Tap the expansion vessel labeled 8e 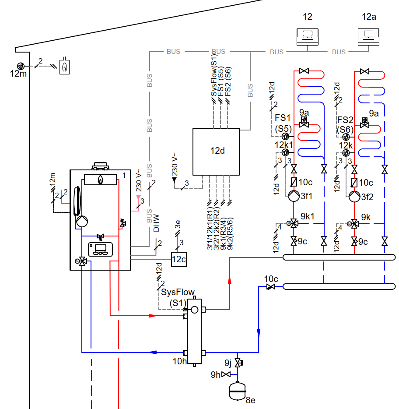pos(237,391)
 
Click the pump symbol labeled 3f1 pos(294,196)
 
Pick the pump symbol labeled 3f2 pos(354,197)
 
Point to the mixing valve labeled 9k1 pos(294,223)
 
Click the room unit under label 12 pos(308,37)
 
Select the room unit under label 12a pos(368,37)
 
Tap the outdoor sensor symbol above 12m pos(21,66)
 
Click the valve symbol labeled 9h pos(226,374)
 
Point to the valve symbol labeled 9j pos(238,363)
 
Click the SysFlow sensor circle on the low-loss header pos(194,310)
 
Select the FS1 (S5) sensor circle pos(285,136)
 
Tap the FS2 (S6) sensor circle pos(346,137)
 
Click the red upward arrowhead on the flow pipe pos(230,280)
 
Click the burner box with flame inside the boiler pos(100,180)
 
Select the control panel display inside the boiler pos(100,249)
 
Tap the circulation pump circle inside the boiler pos(82,222)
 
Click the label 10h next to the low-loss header pos(179,361)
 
